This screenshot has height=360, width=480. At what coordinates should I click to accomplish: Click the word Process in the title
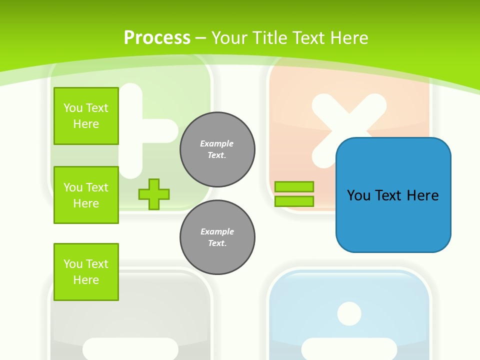point(157,38)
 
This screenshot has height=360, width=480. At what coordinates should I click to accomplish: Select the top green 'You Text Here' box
point(86,116)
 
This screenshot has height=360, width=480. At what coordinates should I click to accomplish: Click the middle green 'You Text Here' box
point(86,195)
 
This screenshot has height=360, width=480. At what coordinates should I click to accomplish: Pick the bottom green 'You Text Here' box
point(86,272)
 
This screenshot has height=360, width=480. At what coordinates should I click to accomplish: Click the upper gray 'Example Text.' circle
point(217,149)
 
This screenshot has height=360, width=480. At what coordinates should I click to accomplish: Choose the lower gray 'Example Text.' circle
point(217,237)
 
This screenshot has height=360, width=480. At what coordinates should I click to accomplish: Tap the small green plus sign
point(154,194)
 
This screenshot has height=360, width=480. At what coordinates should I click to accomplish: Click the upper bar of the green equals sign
point(294,186)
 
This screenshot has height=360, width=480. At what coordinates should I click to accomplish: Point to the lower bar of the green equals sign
point(294,201)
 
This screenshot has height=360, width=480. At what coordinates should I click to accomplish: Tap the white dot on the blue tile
point(349,314)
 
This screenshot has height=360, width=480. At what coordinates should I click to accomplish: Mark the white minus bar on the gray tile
point(130,348)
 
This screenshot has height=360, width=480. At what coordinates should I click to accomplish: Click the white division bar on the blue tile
point(349,348)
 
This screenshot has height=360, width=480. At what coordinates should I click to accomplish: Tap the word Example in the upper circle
point(217,143)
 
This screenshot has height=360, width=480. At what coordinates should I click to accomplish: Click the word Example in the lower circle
point(217,231)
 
